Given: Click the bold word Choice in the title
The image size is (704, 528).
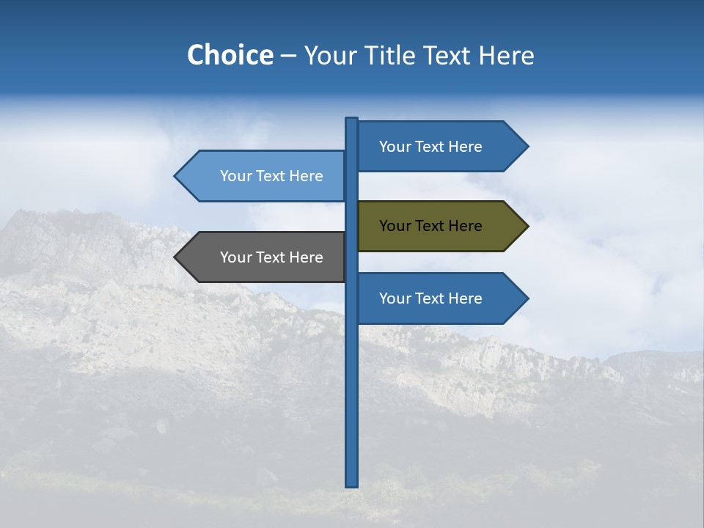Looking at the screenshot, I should tap(230, 55).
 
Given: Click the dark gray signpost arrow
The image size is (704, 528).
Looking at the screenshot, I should tap(264, 257).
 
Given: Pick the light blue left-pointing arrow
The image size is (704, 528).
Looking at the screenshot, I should tap(264, 176).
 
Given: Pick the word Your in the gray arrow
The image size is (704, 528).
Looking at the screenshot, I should tap(235, 257).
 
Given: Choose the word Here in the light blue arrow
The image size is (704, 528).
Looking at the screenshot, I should tap(306, 176).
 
